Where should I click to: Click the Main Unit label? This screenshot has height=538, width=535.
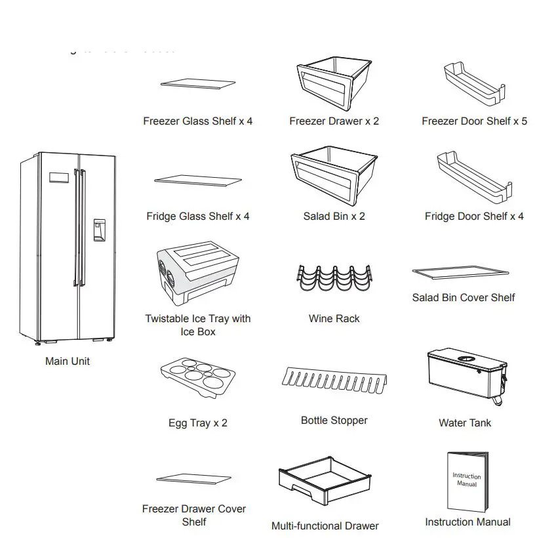(68, 362)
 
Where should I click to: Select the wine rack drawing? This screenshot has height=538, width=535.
(334, 278)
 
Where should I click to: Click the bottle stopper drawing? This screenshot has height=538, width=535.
(333, 381)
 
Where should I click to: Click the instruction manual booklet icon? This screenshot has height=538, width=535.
(467, 482)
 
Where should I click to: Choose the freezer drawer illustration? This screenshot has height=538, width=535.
(334, 83)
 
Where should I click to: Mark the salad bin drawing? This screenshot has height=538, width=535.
(334, 177)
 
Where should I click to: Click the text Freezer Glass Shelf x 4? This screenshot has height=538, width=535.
(197, 121)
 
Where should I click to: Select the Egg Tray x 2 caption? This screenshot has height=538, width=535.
(197, 423)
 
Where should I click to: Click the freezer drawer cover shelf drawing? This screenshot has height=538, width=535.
(195, 480)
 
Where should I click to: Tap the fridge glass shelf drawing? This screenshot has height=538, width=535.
(199, 182)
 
